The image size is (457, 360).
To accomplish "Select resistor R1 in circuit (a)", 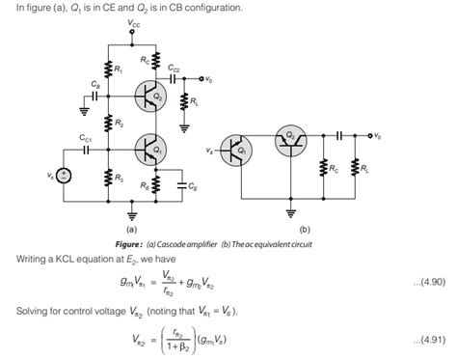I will click(x=107, y=69).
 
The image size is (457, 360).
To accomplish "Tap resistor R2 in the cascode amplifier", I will click(x=107, y=124).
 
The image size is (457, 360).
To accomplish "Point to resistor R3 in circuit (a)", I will click(x=107, y=180).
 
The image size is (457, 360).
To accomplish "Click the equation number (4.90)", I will click(x=421, y=281).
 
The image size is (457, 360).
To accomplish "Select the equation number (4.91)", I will click(x=421, y=340).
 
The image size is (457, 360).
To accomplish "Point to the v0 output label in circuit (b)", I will click(x=377, y=135).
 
